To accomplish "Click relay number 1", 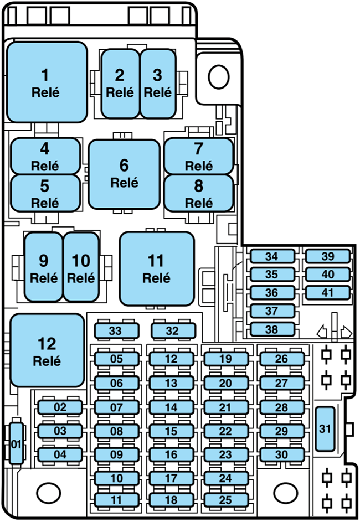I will click(47, 82).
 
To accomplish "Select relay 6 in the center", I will click(124, 174).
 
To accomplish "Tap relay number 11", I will click(157, 268).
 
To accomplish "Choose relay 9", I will click(44, 267).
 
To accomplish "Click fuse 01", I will click(16, 443).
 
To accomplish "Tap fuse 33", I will click(115, 331).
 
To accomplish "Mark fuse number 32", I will click(172, 331).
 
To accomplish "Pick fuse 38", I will click(271, 329).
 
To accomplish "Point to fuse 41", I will click(328, 292).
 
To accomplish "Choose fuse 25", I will click(225, 500).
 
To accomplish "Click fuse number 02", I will click(60, 407).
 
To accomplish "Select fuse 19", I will click(225, 359).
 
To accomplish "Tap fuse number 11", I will click(116, 500).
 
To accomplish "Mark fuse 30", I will click(281, 454).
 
